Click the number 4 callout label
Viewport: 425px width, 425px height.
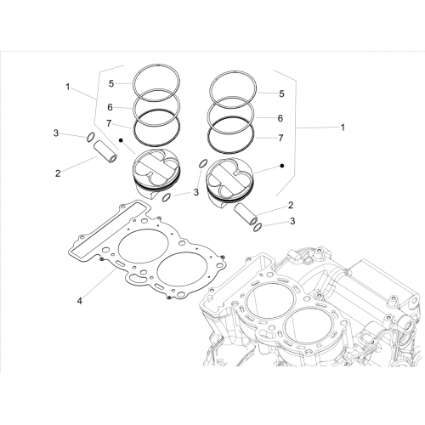pyautogui.click(x=80, y=301)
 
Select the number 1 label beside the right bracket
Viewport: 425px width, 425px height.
pyautogui.click(x=343, y=127)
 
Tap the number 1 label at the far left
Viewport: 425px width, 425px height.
pyautogui.click(x=67, y=87)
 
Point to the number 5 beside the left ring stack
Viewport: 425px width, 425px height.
pyautogui.click(x=111, y=83)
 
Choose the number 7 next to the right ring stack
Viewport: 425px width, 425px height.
pyautogui.click(x=280, y=138)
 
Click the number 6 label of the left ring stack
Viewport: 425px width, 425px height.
pyautogui.click(x=110, y=107)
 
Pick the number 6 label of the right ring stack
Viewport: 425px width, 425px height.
pyautogui.click(x=280, y=118)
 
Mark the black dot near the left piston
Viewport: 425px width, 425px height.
pyautogui.click(x=121, y=140)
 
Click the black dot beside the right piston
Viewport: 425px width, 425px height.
pyautogui.click(x=281, y=166)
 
